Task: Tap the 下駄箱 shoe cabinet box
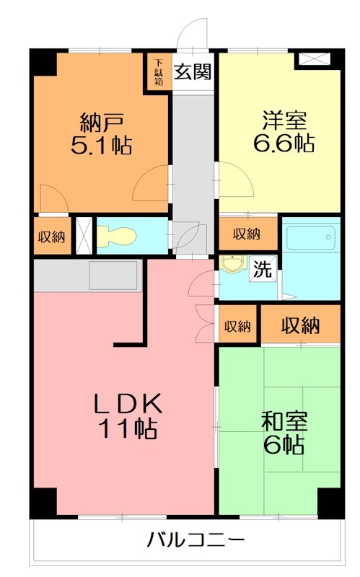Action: (x=158, y=72)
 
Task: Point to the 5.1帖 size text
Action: (x=100, y=146)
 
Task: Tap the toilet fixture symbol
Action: (x=115, y=235)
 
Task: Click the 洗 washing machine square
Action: (x=262, y=270)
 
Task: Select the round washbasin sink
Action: (x=232, y=265)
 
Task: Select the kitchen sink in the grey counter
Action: (x=113, y=275)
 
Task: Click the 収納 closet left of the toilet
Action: (x=51, y=237)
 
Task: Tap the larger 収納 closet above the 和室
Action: (x=300, y=326)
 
